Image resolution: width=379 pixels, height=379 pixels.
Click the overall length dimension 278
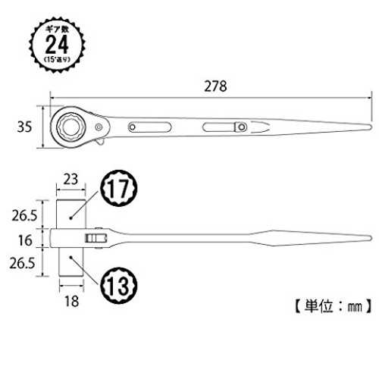(215, 86)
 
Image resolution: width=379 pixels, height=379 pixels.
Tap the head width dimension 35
(24, 127)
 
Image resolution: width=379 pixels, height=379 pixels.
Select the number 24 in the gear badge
(57, 45)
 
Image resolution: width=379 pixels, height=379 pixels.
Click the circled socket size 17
(118, 188)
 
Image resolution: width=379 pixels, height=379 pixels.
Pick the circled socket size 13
(118, 286)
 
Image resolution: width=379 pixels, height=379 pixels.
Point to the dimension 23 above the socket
(70, 180)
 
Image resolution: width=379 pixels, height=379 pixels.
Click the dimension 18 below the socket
(71, 301)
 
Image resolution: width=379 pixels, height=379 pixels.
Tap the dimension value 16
(25, 240)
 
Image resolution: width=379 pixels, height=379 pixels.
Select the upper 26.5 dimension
(24, 215)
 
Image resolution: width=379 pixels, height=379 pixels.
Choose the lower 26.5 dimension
(22, 263)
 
